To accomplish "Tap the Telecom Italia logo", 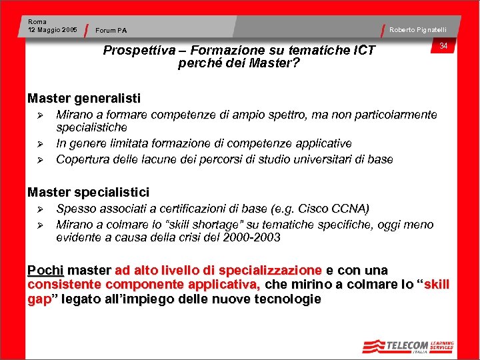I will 407,346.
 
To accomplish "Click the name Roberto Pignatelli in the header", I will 418,29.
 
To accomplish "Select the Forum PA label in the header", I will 111,30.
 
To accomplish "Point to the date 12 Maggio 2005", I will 53,29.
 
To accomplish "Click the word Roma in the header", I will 37,22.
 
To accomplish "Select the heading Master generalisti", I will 84,99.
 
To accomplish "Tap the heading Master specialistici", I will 88,192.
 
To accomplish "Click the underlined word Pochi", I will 45,271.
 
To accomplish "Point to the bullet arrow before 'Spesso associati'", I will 39,209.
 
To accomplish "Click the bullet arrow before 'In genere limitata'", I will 39,144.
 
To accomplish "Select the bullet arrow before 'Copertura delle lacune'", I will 39,160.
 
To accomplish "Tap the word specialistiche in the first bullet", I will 91,127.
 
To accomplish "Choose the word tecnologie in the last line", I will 287,299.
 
